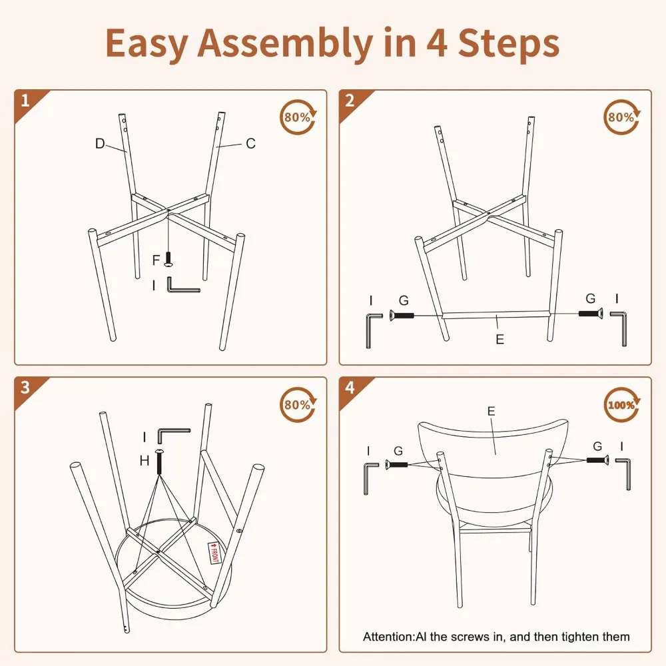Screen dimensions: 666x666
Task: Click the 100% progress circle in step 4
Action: (x=622, y=405)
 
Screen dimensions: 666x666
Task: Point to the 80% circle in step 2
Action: (x=622, y=117)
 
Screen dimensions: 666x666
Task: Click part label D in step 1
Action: (x=100, y=144)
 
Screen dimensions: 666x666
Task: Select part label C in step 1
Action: (x=250, y=144)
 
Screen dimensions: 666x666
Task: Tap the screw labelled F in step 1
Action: (x=168, y=259)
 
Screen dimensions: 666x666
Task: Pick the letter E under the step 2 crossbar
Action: (x=500, y=340)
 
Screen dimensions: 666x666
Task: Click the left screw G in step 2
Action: (x=402, y=316)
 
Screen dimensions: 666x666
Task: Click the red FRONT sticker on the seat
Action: (x=214, y=553)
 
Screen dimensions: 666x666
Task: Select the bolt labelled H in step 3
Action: (x=160, y=462)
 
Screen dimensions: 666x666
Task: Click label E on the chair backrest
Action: (x=491, y=411)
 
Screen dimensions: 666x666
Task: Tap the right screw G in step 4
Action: (x=597, y=460)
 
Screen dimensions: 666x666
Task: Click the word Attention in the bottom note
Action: (x=388, y=637)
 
